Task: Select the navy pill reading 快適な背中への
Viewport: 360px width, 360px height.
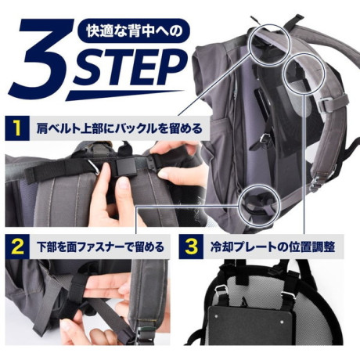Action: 135,31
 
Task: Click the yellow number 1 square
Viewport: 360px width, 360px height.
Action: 17,128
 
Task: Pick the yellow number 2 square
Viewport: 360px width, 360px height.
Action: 17,247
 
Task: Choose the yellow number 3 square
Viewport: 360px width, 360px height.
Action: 191,247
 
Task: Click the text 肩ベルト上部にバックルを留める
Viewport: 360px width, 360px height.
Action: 120,128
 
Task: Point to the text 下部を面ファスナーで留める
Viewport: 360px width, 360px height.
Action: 100,247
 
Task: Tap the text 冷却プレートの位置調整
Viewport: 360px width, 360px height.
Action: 272,247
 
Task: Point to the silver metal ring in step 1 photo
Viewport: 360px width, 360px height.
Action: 95,167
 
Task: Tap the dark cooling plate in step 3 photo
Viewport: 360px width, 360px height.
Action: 249,325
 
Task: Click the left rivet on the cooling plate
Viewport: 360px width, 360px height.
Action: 217,315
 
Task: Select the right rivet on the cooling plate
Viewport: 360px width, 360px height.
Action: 282,322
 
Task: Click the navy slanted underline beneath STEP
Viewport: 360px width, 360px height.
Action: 123,95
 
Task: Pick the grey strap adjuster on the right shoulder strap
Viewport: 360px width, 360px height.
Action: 326,104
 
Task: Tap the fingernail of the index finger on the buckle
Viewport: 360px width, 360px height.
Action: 123,183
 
